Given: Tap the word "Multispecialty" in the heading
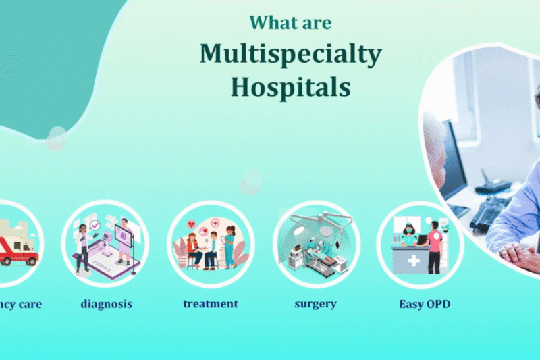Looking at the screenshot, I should pyautogui.click(x=290, y=54).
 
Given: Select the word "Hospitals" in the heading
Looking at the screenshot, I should pyautogui.click(x=290, y=86).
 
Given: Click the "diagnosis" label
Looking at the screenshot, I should pyautogui.click(x=106, y=304).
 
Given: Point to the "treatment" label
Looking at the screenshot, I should pyautogui.click(x=211, y=304).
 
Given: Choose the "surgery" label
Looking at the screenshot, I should pyautogui.click(x=316, y=304).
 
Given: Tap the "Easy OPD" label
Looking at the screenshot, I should pyautogui.click(x=424, y=304).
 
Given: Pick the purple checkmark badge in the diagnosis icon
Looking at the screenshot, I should pyautogui.click(x=95, y=225).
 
